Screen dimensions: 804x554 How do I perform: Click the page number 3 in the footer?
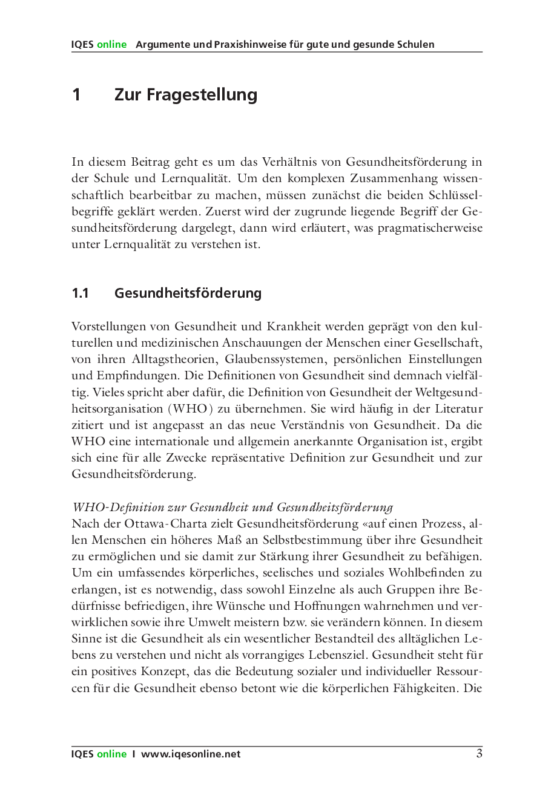click(x=479, y=754)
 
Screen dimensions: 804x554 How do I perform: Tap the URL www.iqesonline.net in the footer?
click(x=191, y=754)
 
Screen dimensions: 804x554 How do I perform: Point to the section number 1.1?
click(x=80, y=293)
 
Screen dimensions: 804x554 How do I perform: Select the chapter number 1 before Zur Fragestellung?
click(x=76, y=95)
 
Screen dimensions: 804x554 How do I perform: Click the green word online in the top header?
click(x=112, y=45)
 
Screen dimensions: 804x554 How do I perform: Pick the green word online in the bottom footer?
click(x=112, y=754)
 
